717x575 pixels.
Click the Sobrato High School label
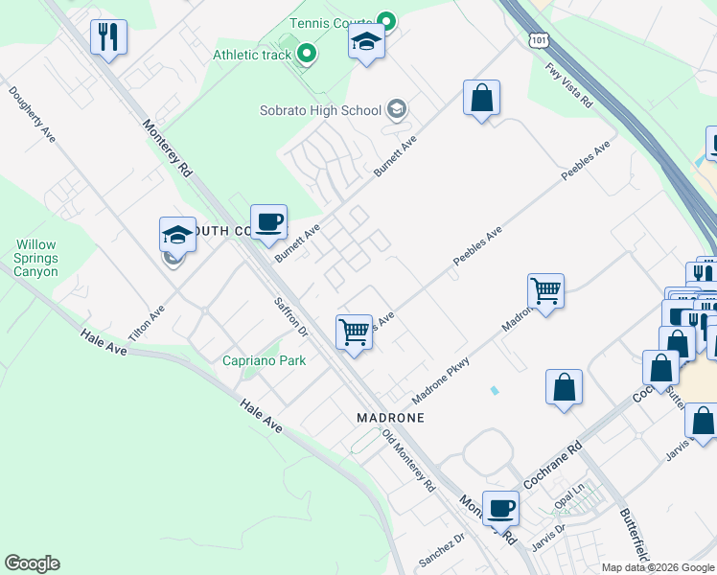pos(320,110)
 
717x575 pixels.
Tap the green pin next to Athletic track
pos(306,54)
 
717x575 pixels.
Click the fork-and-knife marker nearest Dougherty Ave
pos(108,39)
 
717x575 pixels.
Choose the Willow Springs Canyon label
pos(36,259)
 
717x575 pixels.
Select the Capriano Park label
pos(264,360)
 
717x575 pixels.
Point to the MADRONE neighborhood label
pos(390,419)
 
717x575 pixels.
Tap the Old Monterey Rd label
pos(409,461)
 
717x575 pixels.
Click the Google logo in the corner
pos(32,563)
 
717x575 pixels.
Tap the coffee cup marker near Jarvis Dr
pos(500,508)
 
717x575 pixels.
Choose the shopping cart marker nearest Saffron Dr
pos(354,333)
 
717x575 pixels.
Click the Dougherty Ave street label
pos(33,116)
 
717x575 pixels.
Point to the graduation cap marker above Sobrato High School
pos(366,41)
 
